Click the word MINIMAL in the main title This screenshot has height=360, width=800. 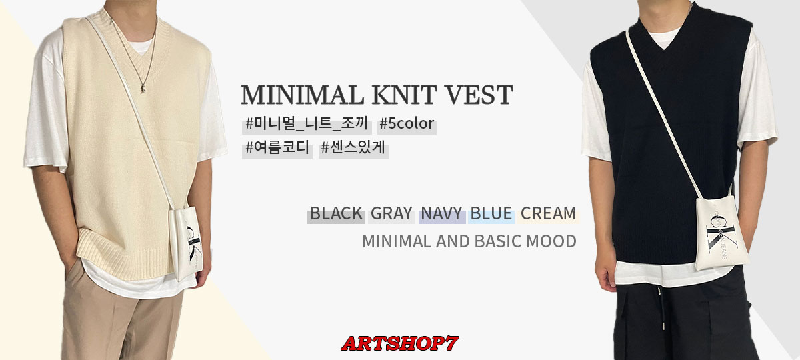[302, 95]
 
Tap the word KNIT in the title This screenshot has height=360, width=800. [404, 95]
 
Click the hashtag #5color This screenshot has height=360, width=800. [407, 123]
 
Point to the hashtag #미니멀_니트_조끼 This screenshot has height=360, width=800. [307, 123]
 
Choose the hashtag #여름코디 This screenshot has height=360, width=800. [277, 147]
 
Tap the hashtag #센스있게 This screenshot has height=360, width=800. [353, 147]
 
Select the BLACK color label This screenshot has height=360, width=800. [336, 213]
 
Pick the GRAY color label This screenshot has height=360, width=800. [391, 213]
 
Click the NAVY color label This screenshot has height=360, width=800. [442, 213]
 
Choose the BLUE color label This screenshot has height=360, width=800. [491, 213]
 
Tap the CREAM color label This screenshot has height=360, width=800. [548, 213]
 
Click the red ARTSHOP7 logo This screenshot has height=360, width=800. [399, 343]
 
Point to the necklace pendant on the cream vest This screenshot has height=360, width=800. [143, 88]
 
